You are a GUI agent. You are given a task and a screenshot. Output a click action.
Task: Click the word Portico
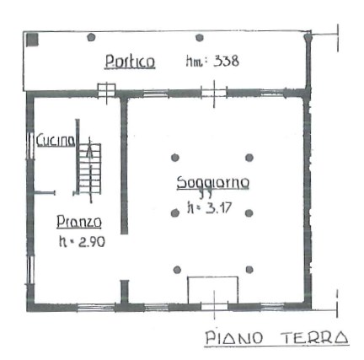[x=129, y=62]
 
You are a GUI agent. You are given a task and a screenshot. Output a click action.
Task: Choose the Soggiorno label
[x=212, y=183]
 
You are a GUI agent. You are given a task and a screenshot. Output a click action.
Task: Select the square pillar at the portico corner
[x=32, y=39]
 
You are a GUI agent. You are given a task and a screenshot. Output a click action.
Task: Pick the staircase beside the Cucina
[x=88, y=168]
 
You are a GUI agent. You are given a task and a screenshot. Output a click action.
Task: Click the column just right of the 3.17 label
[x=249, y=212]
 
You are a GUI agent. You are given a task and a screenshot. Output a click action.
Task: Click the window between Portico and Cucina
[x=106, y=90]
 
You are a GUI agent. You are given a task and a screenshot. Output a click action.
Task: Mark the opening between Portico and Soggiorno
[x=214, y=91]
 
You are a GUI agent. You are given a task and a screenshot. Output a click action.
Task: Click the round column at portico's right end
[x=308, y=38]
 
